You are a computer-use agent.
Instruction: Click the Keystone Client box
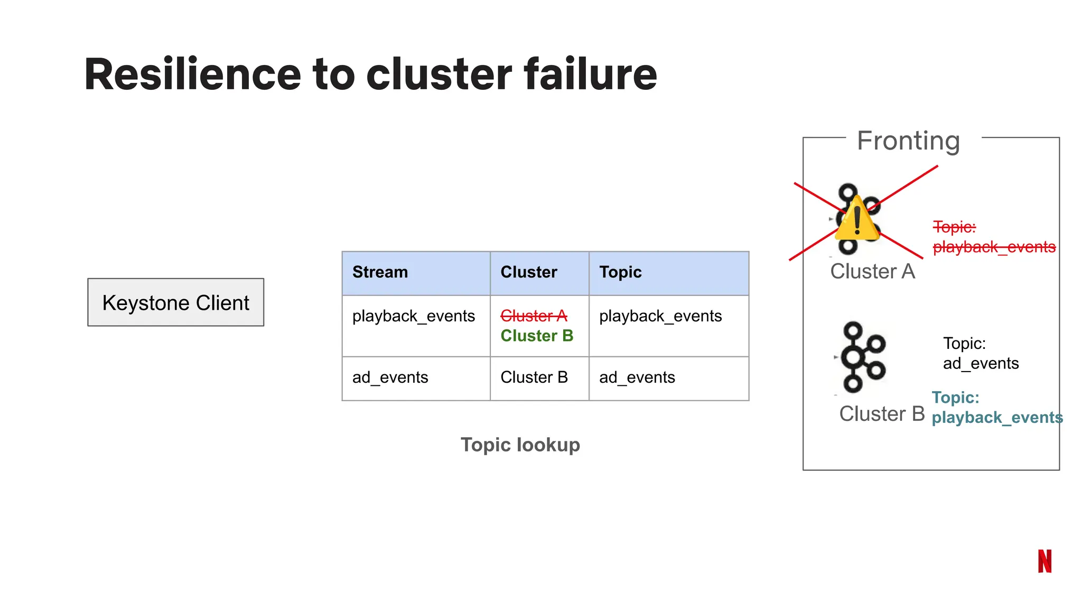click(x=175, y=302)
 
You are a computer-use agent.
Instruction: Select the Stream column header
click(x=380, y=272)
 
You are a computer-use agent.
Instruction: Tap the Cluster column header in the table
click(x=529, y=272)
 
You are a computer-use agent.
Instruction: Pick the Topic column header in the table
click(x=620, y=272)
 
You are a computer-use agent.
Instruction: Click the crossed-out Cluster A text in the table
click(x=534, y=316)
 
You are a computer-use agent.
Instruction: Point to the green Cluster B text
click(x=537, y=336)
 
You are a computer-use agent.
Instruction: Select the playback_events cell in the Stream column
click(x=414, y=316)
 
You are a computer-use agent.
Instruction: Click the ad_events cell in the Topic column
click(x=637, y=377)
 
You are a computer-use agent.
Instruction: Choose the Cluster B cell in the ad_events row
click(x=534, y=377)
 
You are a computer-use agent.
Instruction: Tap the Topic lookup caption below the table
click(x=520, y=445)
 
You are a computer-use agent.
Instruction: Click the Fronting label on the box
click(x=908, y=141)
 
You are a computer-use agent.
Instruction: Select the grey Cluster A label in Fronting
click(x=872, y=272)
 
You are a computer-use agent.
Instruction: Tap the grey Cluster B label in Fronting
click(x=882, y=414)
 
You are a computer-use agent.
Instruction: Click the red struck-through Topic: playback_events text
click(x=993, y=237)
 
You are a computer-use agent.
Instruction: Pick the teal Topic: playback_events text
click(x=996, y=408)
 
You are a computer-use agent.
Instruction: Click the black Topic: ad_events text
click(x=981, y=354)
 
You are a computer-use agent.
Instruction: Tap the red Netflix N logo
click(x=1044, y=561)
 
